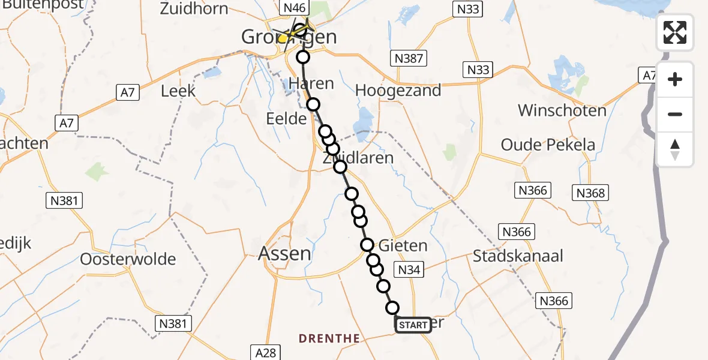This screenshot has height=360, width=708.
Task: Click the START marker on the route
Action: click(413, 325)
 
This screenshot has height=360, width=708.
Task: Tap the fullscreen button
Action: click(675, 32)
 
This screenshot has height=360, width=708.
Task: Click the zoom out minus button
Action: click(675, 114)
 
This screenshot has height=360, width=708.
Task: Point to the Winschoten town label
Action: click(562, 110)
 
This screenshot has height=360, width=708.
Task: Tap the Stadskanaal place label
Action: click(518, 256)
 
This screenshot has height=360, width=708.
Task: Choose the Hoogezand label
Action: click(398, 91)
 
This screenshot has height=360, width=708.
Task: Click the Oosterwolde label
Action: click(128, 259)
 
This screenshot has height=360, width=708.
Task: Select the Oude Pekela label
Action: click(548, 145)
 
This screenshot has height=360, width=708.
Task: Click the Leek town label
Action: click(178, 91)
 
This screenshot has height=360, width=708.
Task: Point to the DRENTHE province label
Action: click(329, 338)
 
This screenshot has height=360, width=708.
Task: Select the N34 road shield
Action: click(409, 269)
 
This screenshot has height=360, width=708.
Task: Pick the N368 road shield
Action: click(591, 193)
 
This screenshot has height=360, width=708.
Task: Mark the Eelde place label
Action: click(287, 118)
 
